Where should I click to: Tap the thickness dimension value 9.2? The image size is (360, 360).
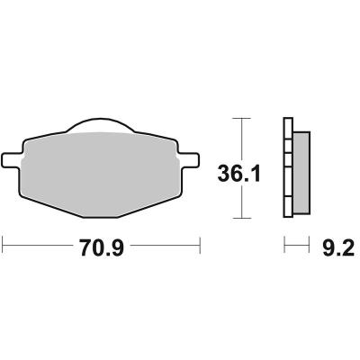(x=331, y=245)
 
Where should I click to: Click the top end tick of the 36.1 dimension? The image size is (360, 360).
(x=239, y=118)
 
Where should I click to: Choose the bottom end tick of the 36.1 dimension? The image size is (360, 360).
(x=239, y=218)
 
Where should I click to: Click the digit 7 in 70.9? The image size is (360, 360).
(x=81, y=245)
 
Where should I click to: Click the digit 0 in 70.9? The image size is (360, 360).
(x=96, y=245)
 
